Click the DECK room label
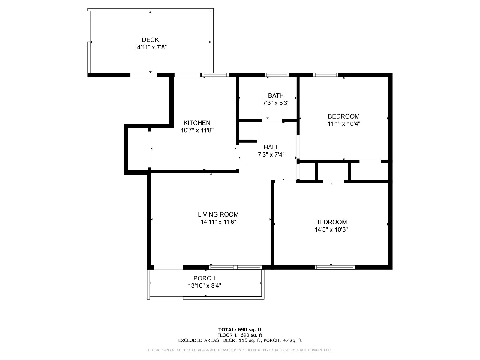click(x=150, y=40)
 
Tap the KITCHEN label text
click(x=197, y=123)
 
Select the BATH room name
click(x=276, y=95)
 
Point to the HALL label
click(x=271, y=147)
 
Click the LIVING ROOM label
click(x=218, y=214)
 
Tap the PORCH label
click(x=205, y=278)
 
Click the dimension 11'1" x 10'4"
click(x=344, y=124)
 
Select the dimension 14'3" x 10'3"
click(x=331, y=230)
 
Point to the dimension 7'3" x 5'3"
click(x=276, y=103)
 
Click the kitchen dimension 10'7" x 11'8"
click(x=197, y=130)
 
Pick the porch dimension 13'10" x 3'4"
click(x=205, y=286)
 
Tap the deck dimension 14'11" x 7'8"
click(x=151, y=47)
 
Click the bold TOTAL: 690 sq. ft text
click(x=240, y=330)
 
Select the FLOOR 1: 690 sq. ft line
click(x=240, y=335)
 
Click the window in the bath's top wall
click(x=277, y=75)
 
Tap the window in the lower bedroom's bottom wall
click(x=335, y=267)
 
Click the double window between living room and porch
click(x=235, y=267)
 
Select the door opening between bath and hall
click(x=272, y=120)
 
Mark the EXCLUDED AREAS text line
click(x=240, y=340)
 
